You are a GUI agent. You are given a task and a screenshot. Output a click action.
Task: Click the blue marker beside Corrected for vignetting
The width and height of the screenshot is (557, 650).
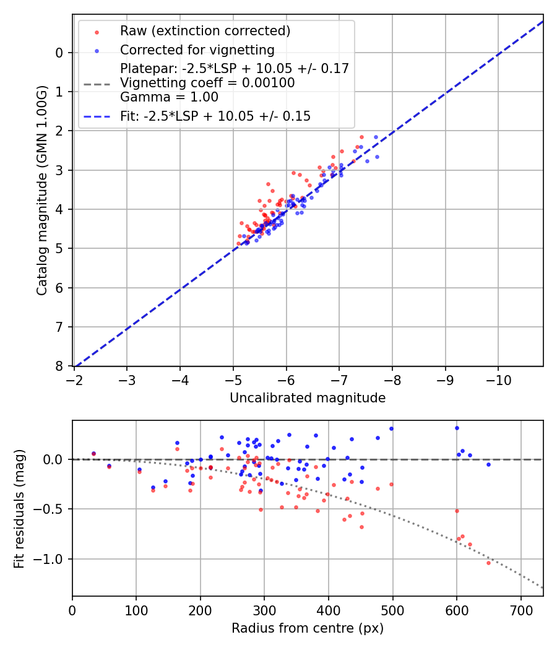96,50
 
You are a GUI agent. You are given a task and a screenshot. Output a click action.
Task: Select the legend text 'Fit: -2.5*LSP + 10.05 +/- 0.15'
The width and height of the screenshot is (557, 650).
215,116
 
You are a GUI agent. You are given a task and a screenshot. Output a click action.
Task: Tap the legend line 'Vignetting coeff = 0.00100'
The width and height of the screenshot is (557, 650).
207,82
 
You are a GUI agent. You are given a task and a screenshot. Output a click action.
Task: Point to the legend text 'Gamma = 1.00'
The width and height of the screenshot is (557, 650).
169,97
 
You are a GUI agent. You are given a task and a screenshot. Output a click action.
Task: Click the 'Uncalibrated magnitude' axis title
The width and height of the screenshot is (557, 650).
308,398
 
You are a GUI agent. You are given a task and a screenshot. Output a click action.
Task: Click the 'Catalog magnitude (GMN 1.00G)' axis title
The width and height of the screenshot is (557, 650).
41,190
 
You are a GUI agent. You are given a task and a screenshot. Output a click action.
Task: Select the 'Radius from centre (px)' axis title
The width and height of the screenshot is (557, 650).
308,628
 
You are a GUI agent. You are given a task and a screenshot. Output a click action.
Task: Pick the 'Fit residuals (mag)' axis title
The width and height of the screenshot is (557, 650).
19,509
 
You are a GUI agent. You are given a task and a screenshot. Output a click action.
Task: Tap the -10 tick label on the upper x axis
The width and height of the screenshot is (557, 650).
499,380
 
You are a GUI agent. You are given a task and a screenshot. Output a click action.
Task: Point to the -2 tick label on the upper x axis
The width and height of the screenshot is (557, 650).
74,380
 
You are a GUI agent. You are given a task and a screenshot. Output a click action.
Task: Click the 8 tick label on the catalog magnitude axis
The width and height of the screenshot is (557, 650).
60,366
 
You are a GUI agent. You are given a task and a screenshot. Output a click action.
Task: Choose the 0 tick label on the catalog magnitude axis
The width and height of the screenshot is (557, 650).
60,53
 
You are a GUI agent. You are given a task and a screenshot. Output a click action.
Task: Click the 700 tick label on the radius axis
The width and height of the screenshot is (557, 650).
520,610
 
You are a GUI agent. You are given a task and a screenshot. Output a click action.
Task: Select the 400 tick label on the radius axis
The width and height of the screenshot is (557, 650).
329,610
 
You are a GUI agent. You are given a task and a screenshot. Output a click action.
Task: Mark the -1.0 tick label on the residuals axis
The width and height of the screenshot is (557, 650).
51,560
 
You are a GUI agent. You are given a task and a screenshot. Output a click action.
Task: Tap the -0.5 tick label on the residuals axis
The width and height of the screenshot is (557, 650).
51,509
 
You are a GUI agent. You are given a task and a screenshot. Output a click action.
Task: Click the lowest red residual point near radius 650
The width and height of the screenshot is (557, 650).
488,563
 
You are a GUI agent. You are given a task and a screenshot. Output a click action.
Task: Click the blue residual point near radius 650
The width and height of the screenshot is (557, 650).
488,464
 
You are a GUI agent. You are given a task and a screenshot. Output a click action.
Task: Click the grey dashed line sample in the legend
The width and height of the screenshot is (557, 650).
96,83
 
